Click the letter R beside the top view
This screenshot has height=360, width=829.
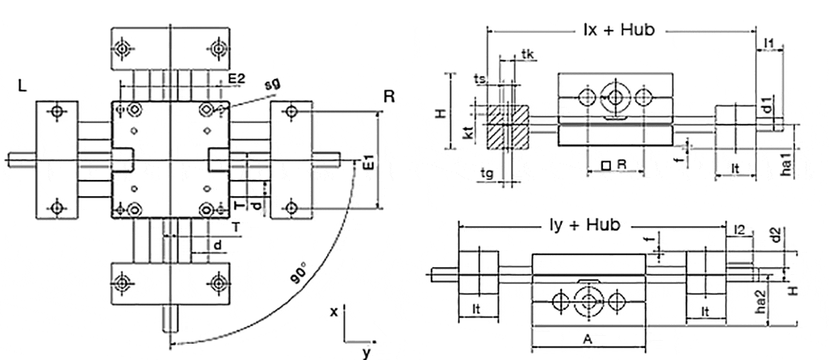pyautogui.click(x=389, y=96)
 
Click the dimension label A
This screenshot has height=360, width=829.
pyautogui.click(x=587, y=339)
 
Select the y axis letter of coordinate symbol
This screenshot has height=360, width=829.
pyautogui.click(x=366, y=351)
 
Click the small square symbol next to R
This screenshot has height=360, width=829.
pyautogui.click(x=606, y=166)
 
